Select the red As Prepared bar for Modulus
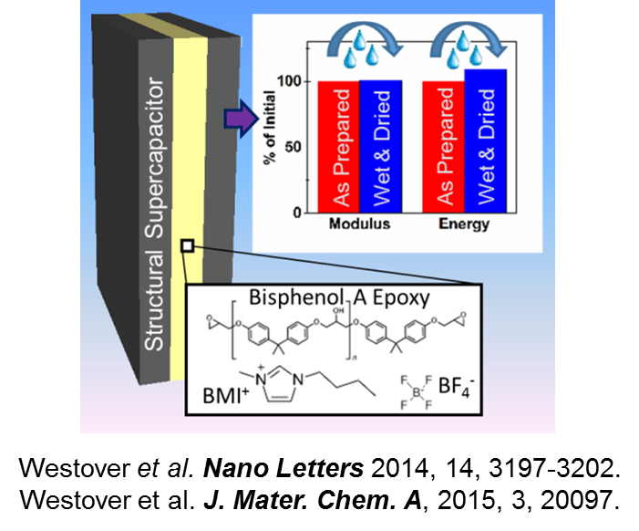point(338,147)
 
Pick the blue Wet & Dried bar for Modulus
point(380,147)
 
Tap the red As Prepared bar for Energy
point(444,147)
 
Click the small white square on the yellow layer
point(186,245)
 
